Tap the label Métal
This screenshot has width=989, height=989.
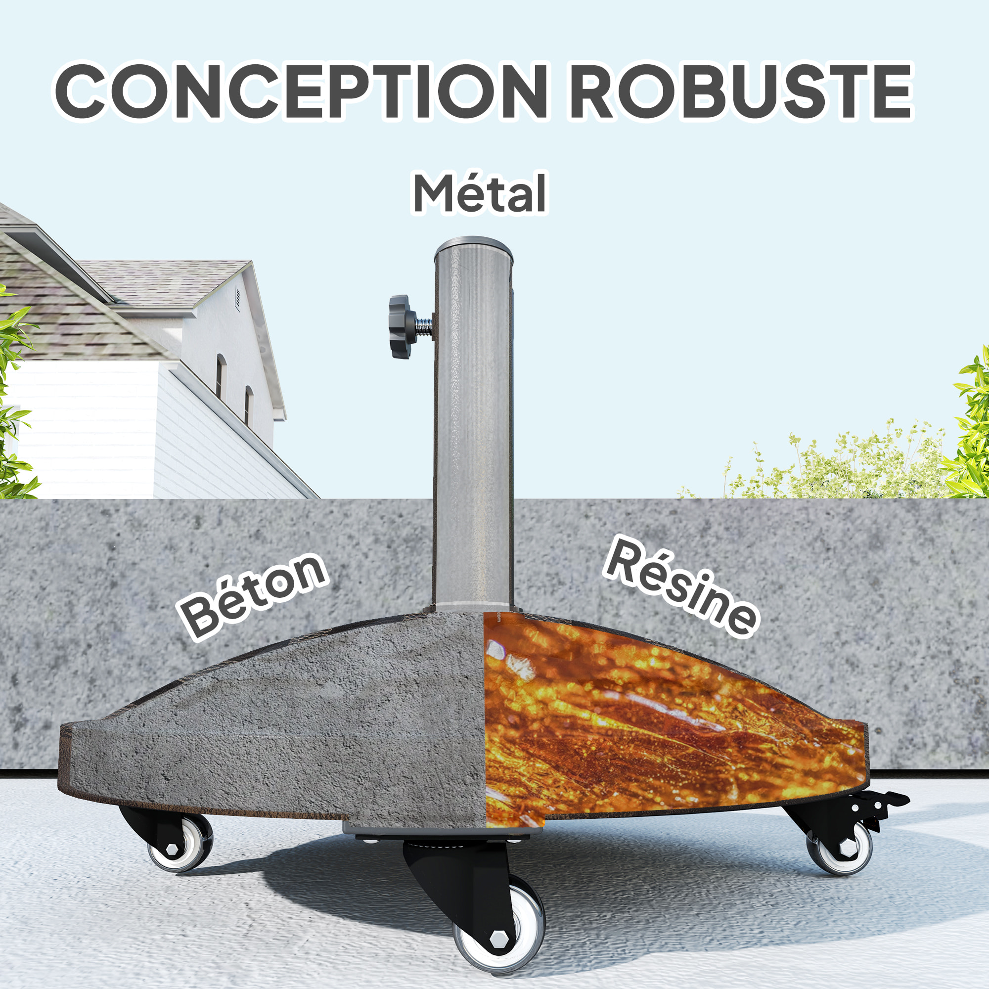480,194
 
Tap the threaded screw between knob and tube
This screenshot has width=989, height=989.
424,326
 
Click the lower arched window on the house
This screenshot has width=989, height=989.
248,406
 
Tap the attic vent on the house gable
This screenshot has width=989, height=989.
238,299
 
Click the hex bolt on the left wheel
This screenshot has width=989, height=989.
172,850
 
